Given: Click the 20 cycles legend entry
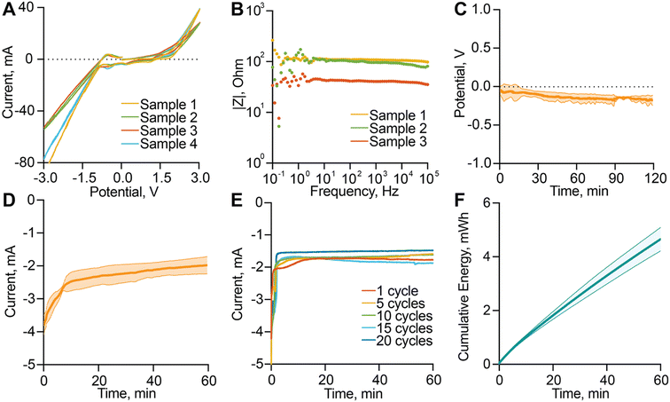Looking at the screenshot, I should (x=401, y=341).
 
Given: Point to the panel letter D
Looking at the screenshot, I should (x=9, y=209).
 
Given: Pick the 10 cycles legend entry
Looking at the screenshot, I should (x=401, y=315).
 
